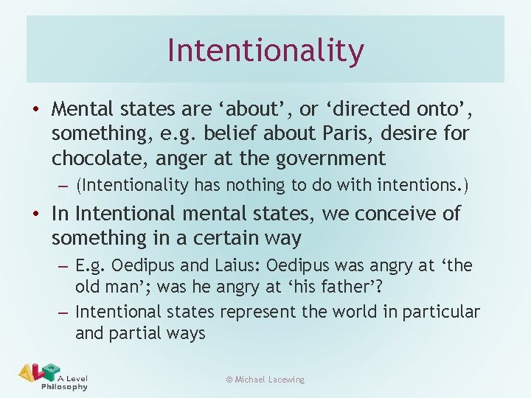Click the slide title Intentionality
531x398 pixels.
pyautogui.click(x=265, y=50)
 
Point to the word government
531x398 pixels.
pyautogui.click(x=330, y=158)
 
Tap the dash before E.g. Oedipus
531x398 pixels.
pyautogui.click(x=64, y=265)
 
